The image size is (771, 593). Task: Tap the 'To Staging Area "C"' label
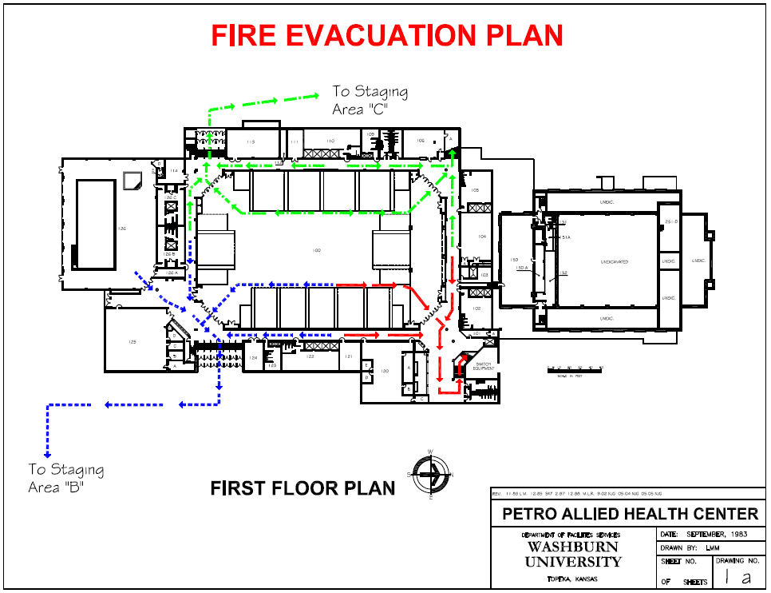click(370, 101)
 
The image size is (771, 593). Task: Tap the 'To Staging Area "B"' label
click(65, 478)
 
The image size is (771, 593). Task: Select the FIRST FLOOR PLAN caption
click(302, 488)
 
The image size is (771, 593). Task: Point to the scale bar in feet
click(575, 369)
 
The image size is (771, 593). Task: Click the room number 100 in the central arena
click(317, 251)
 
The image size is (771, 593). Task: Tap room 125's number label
click(132, 342)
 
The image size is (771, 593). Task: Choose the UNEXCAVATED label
click(615, 261)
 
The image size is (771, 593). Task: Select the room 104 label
click(481, 237)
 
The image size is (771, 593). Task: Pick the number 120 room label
click(383, 371)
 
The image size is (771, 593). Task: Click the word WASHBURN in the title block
click(572, 547)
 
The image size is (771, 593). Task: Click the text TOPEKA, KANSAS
click(572, 579)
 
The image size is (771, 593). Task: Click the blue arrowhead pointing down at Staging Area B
click(48, 453)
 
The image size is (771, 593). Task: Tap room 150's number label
click(514, 261)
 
